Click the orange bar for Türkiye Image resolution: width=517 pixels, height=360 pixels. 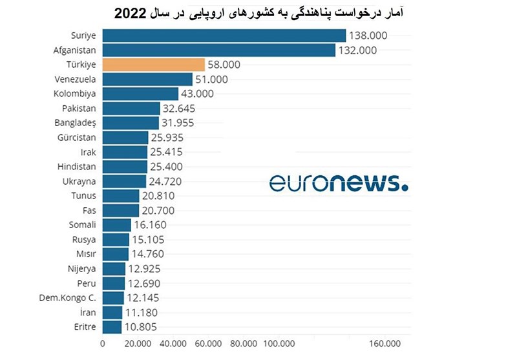153,65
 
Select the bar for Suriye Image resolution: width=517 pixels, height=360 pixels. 224,36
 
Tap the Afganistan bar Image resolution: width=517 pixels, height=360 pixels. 218,50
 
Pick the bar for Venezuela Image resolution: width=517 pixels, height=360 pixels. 147,79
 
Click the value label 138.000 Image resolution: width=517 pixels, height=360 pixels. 368,36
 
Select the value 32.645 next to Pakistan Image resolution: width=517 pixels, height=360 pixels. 182,109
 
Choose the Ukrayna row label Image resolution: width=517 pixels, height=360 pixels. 79,181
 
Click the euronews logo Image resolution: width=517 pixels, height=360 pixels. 339,183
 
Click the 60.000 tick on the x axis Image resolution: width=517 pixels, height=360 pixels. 208,343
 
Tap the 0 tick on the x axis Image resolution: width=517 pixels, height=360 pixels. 102,343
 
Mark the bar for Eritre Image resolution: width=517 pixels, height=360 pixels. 111,327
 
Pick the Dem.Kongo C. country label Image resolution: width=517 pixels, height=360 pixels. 69,297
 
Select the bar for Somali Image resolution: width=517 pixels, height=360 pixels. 116,225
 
